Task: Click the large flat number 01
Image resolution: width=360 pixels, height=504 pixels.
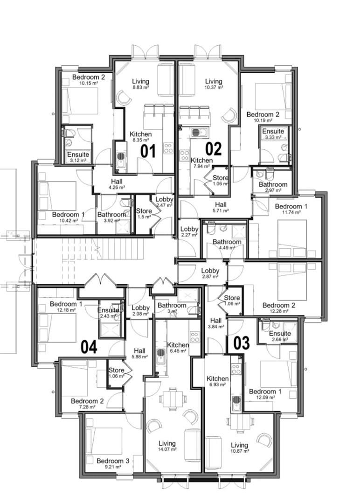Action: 148,152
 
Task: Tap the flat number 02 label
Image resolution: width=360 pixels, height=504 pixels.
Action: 213,149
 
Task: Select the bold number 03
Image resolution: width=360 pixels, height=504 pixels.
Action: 241,343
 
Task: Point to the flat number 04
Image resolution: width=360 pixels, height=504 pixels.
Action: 89,347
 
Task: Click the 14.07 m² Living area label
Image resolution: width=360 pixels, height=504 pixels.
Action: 167,446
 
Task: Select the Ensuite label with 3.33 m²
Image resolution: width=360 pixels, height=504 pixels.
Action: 273,134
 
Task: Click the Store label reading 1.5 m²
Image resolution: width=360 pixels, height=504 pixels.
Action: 144,214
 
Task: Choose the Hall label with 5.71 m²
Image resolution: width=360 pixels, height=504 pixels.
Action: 221,207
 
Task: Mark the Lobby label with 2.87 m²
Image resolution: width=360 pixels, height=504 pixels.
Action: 210,273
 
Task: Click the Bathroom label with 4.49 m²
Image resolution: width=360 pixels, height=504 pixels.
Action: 227,245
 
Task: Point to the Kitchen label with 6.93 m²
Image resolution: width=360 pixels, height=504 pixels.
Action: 217,381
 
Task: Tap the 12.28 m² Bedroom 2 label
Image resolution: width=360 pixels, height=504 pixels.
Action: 278,308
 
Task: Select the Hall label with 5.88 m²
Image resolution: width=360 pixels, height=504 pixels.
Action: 139,353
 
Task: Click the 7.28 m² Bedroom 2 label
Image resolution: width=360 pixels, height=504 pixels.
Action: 87,404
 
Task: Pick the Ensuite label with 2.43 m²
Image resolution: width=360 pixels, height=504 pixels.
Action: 108,313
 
